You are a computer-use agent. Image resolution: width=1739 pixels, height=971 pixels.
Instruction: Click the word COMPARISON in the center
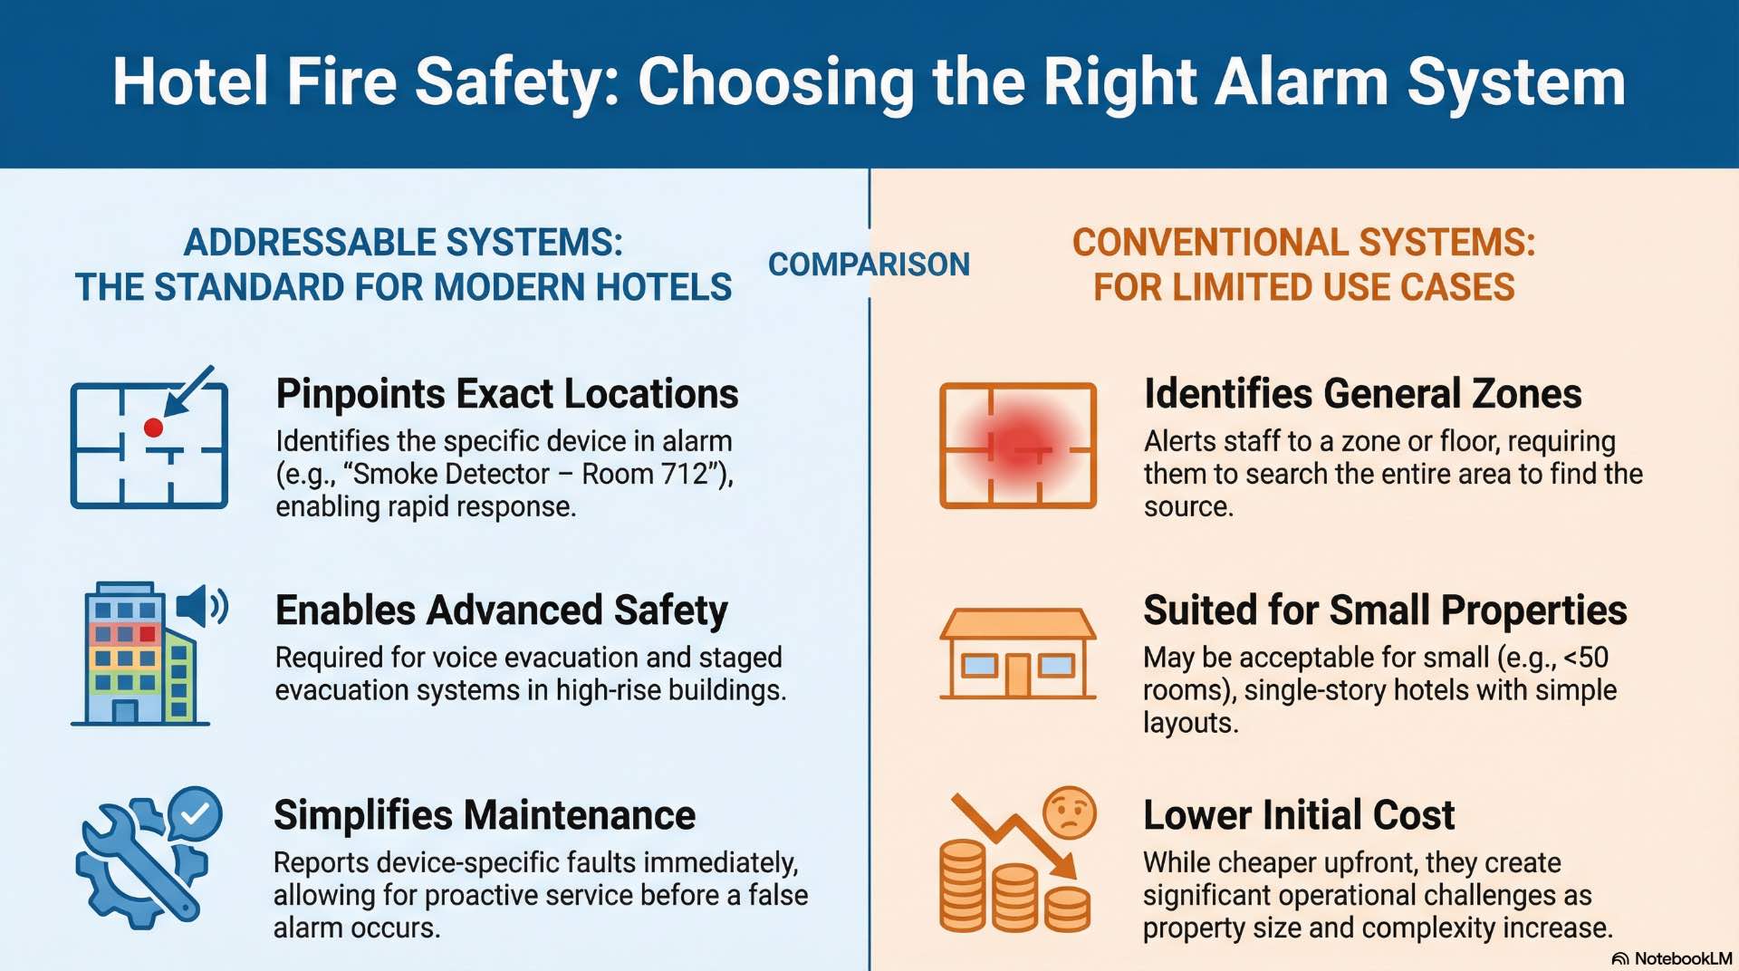pos(869,264)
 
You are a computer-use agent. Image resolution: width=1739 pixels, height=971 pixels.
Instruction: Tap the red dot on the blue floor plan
pos(154,428)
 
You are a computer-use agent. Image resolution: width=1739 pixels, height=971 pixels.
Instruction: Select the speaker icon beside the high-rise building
pos(200,606)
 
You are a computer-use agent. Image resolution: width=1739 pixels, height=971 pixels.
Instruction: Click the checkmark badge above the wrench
pos(195,813)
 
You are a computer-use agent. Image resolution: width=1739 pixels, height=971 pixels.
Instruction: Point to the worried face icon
pos(1069,812)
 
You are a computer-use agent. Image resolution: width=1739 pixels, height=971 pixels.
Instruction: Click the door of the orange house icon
pos(1017,675)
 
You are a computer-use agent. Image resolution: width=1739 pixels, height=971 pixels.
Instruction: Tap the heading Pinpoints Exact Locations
pos(506,394)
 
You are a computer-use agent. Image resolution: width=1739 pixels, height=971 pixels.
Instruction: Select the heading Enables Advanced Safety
pos(501,610)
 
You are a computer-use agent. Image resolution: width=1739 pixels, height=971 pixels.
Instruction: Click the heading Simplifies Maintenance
pos(485,815)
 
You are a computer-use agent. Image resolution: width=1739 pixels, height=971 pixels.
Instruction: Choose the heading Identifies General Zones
pos(1362,394)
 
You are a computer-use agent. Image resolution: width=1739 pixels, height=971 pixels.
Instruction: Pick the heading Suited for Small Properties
pos(1384,610)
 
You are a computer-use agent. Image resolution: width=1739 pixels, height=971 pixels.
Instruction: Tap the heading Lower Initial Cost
pos(1298,815)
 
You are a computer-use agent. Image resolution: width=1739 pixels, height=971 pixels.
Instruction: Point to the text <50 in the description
pos(1584,658)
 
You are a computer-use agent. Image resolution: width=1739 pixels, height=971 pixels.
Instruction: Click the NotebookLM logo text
pos(1682,958)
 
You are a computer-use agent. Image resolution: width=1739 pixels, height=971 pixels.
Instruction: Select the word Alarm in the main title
pos(1302,82)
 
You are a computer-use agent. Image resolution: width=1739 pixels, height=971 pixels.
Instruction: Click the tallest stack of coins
pos(962,885)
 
